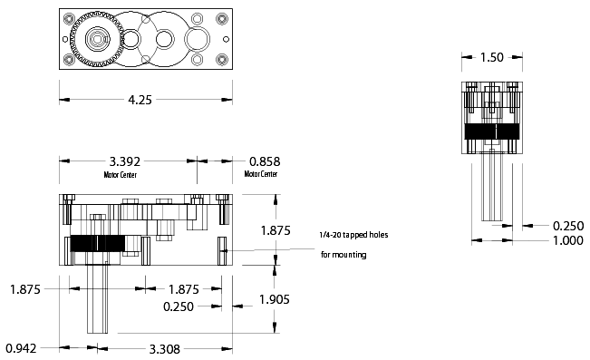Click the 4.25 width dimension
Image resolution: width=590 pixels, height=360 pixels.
(140, 100)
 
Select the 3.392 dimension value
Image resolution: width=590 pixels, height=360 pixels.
(124, 161)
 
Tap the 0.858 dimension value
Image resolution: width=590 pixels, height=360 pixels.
(265, 161)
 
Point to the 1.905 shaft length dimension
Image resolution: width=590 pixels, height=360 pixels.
(275, 299)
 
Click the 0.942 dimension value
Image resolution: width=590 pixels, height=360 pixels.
(21, 348)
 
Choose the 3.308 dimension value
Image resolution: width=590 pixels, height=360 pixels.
(165, 349)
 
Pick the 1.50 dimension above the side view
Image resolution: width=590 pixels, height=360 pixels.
(492, 58)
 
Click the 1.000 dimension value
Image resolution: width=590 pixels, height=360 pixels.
(568, 240)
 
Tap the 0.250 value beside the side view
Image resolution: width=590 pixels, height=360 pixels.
(568, 226)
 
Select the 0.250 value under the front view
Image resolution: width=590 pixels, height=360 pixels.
(179, 306)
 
